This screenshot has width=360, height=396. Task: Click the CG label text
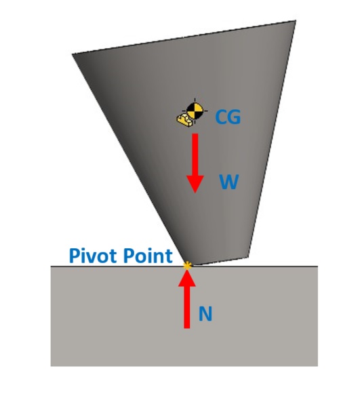point(228,117)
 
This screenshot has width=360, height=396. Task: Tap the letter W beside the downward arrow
point(229,182)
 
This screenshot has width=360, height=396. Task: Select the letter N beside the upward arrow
point(205,314)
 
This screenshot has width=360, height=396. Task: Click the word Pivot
point(92,256)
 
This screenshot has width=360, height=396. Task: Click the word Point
point(148,256)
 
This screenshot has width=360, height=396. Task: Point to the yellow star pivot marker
point(187,266)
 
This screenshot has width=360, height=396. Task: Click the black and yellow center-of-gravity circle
point(195,111)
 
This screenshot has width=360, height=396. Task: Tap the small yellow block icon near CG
point(185,120)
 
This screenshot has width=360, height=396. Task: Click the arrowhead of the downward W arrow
point(195,184)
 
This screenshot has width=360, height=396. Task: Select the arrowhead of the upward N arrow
point(187,279)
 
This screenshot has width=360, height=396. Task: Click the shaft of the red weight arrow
point(195,155)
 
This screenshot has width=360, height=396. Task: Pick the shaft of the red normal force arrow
point(187,307)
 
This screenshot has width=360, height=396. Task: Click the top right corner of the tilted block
point(296,21)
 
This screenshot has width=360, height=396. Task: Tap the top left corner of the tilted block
point(72,54)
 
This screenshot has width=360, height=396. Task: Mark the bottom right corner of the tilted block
point(249,257)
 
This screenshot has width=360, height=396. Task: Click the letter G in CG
point(235,117)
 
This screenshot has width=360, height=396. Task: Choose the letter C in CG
point(221,117)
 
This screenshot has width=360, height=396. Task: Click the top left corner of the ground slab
point(51,266)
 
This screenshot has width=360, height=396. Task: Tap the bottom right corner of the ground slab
point(318,366)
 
